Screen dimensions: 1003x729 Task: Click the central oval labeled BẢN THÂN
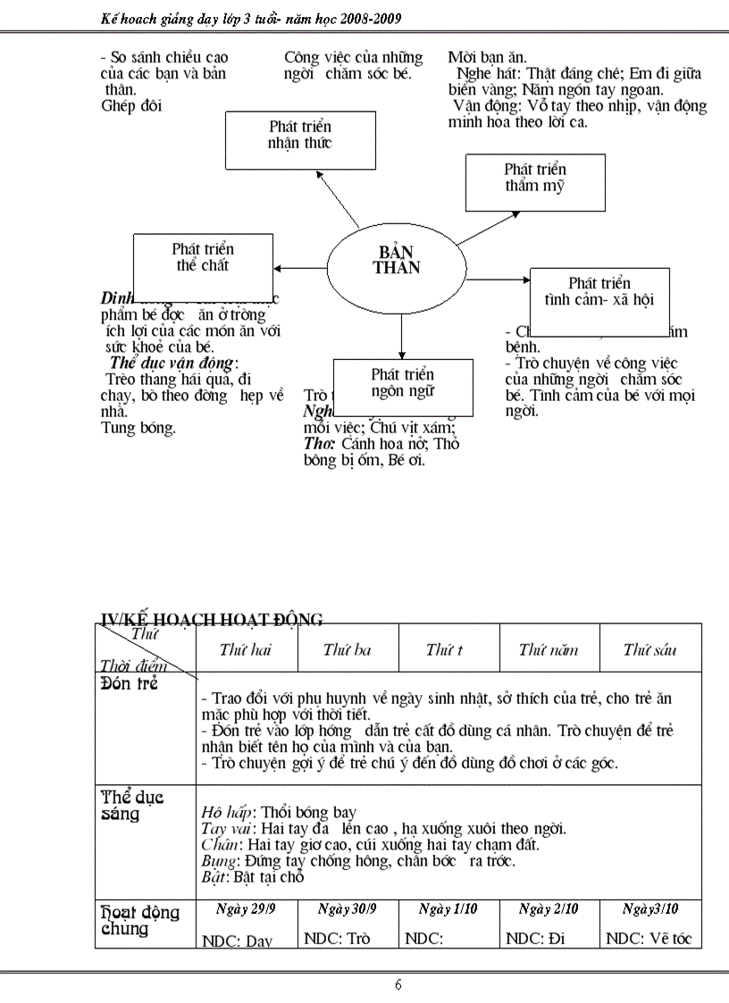[397, 259]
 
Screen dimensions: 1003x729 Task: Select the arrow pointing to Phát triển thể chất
[300, 267]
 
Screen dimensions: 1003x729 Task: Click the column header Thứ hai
[246, 650]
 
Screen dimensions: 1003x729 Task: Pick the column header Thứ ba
[347, 650]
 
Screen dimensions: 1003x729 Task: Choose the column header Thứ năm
[549, 650]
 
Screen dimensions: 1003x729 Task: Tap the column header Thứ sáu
[649, 650]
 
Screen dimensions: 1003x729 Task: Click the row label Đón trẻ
[130, 687]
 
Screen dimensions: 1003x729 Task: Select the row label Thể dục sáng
[132, 805]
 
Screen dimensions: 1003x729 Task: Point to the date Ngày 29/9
[246, 909]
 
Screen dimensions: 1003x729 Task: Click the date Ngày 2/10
[549, 909]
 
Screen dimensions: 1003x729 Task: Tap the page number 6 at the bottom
[398, 985]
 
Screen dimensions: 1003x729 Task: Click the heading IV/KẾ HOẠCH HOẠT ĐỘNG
[212, 619]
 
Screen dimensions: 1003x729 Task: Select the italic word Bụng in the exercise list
[214, 861]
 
